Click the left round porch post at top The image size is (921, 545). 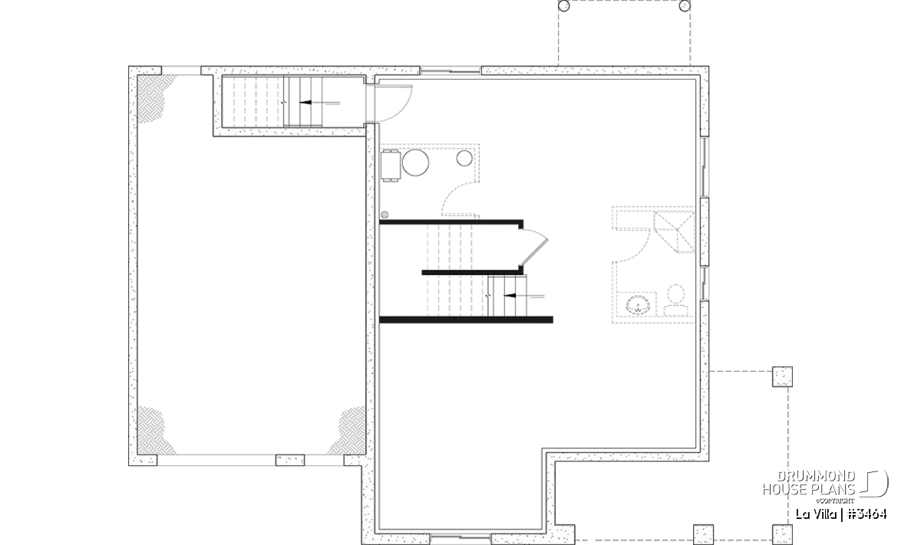563,6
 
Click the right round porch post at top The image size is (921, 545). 685,6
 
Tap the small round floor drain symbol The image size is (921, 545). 385,215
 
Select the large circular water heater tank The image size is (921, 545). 415,163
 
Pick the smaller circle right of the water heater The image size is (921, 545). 464,158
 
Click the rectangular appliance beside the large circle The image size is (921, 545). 391,166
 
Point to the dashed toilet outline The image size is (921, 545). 676,300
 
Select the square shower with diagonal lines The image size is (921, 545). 675,231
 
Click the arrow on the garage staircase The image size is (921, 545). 319,103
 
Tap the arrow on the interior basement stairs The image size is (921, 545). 523,296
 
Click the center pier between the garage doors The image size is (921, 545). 290,460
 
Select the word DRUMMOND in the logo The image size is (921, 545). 816,477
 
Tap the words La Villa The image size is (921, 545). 816,514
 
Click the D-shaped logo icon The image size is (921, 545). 874,484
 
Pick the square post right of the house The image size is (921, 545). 782,376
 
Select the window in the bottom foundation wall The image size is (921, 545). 460,537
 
